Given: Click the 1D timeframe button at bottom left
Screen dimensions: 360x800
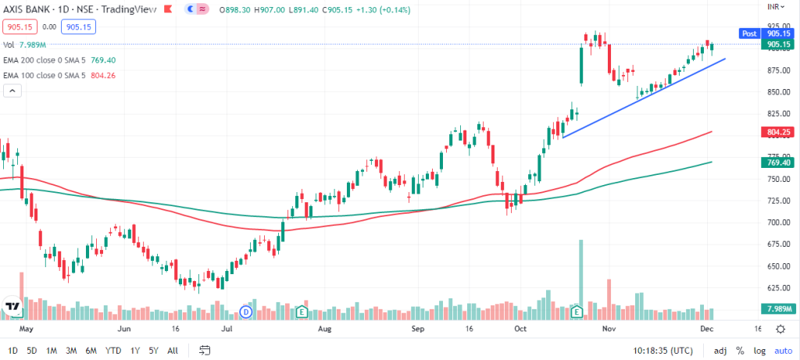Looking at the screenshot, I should (12, 350).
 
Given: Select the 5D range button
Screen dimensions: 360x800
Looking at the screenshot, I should (32, 350).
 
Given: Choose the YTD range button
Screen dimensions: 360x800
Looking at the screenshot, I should (113, 350).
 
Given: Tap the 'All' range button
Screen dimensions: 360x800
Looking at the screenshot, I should (173, 350).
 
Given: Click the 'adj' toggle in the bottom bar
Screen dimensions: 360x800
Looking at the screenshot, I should (720, 350).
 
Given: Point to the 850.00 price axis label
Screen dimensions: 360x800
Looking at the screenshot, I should (777, 92).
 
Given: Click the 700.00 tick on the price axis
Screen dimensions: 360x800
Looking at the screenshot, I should (777, 223).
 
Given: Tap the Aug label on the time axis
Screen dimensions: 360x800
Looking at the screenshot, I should (327, 330).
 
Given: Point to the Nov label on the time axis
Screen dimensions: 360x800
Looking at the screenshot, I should (610, 330).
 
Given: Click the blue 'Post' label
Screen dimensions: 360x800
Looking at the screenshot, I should (748, 34).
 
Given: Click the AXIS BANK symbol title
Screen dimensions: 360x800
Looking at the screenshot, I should (36, 9).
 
